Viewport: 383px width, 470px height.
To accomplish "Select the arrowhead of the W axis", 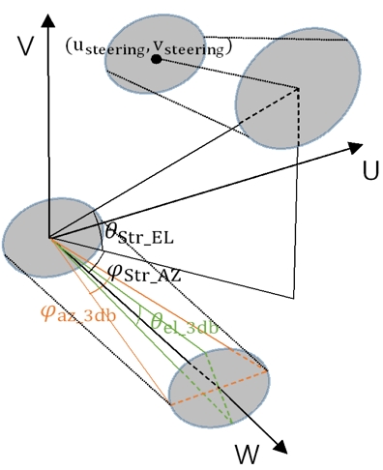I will click(282, 446).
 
